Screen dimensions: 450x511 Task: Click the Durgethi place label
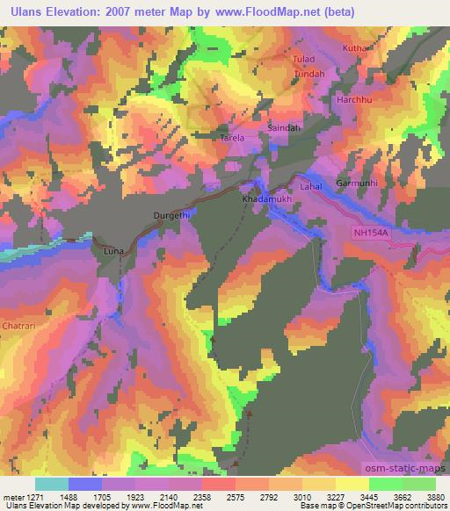click(172, 214)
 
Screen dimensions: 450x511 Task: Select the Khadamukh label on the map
click(263, 200)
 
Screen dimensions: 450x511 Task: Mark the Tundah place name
click(309, 74)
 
